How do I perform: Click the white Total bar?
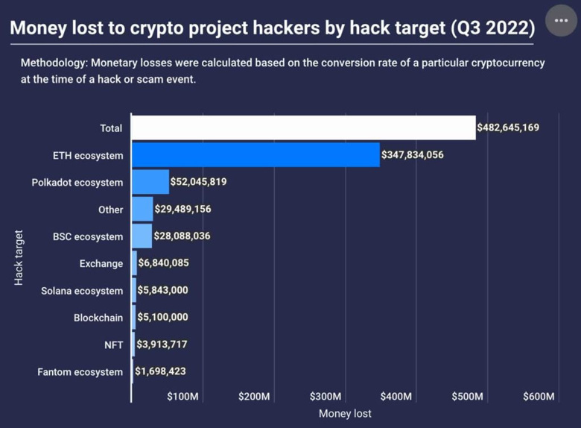click(x=303, y=128)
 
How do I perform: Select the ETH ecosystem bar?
click(x=255, y=155)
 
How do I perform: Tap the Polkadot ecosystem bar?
click(x=150, y=182)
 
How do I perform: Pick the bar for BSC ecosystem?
click(x=142, y=236)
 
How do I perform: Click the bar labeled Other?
click(x=142, y=210)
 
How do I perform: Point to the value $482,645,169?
click(x=509, y=128)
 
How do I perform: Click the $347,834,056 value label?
click(x=413, y=155)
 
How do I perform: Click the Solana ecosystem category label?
click(x=82, y=291)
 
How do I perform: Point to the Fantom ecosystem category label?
click(x=80, y=371)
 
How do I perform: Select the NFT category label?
click(x=114, y=344)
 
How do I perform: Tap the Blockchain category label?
click(x=98, y=318)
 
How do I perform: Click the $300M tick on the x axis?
click(x=326, y=397)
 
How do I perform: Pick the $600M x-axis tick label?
click(x=539, y=397)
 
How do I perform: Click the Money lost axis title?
click(x=345, y=413)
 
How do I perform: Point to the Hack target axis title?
click(x=19, y=257)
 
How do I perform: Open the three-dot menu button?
click(x=561, y=21)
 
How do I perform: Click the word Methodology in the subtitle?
click(x=55, y=63)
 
